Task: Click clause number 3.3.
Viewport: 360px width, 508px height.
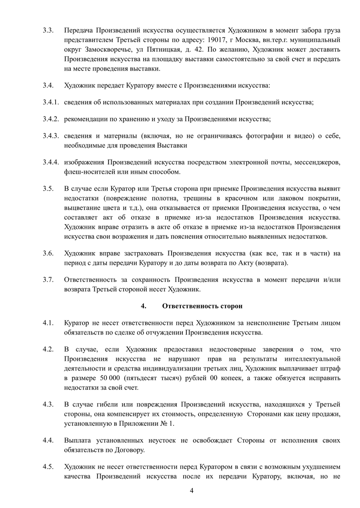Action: (48, 30)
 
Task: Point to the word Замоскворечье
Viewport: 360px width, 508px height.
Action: (108, 50)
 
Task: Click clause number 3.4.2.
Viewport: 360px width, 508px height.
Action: (51, 119)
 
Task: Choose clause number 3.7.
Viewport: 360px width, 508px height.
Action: (48, 279)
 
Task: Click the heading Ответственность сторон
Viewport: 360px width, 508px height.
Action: (202, 306)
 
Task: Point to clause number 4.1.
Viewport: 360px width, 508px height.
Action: (48, 323)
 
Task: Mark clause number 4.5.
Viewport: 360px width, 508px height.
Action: (48, 466)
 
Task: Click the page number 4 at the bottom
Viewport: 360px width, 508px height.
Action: (191, 491)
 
